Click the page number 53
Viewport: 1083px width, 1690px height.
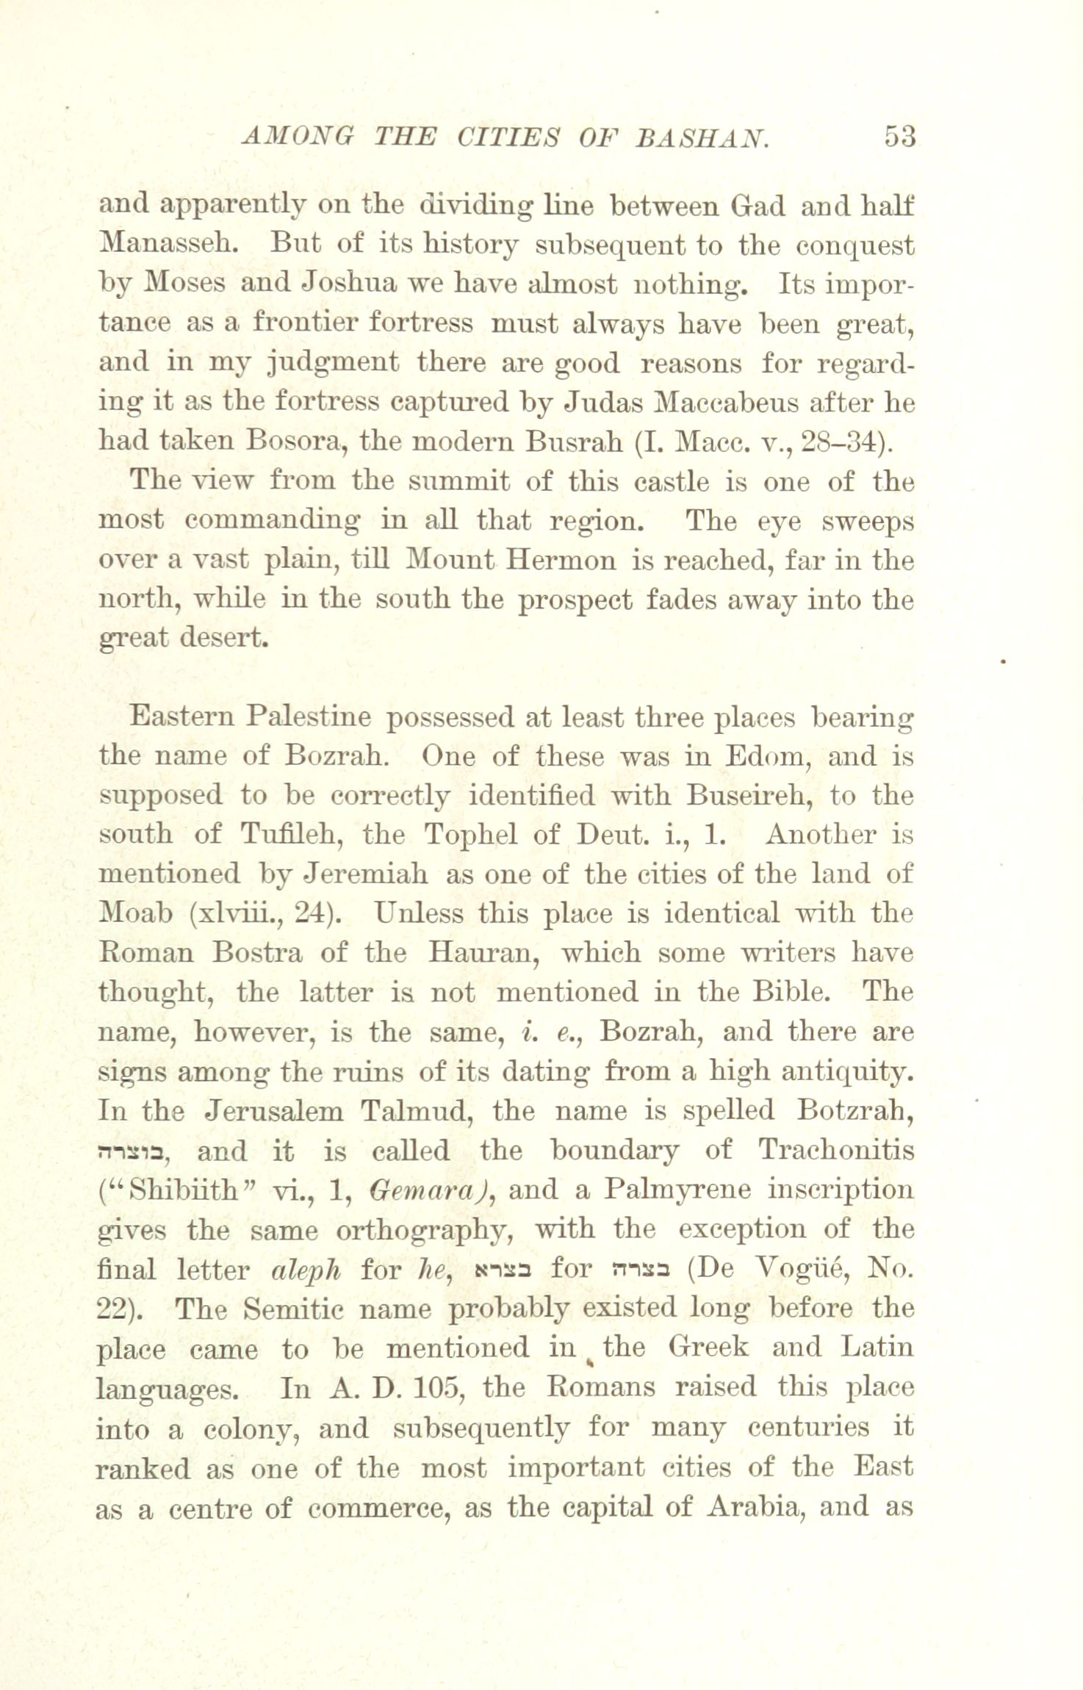899,137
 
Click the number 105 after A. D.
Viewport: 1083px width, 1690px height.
437,1388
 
